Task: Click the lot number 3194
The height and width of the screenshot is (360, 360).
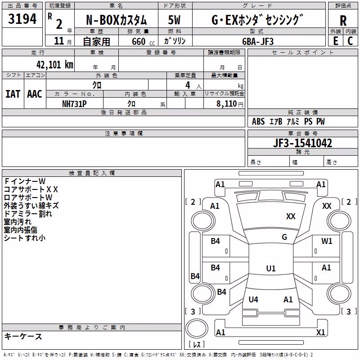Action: pyautogui.click(x=22, y=19)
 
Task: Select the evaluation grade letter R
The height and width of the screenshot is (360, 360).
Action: pyautogui.click(x=343, y=21)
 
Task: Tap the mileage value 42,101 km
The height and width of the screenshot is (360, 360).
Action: pyautogui.click(x=55, y=65)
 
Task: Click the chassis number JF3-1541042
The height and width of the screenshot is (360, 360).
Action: pyautogui.click(x=302, y=143)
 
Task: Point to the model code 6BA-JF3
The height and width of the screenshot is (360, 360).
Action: pyautogui.click(x=258, y=41)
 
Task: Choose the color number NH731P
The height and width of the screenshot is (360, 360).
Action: pyautogui.click(x=74, y=104)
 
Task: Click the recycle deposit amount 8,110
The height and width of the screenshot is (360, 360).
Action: pyautogui.click(x=227, y=103)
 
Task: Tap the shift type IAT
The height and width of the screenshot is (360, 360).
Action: pyautogui.click(x=13, y=94)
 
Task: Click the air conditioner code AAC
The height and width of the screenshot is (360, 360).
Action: pyautogui.click(x=35, y=94)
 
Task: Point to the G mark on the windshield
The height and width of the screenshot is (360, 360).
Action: pyautogui.click(x=284, y=237)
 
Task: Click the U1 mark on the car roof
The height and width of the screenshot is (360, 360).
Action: pyautogui.click(x=271, y=268)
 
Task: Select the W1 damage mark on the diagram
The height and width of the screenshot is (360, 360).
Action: pyautogui.click(x=327, y=241)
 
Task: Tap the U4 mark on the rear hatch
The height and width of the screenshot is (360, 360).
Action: pyautogui.click(x=253, y=299)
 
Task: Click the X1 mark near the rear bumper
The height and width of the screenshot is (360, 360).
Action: pyautogui.click(x=320, y=332)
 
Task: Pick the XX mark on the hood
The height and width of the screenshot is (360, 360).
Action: pyautogui.click(x=291, y=216)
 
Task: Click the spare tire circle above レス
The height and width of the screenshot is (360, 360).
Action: pyautogui.click(x=197, y=328)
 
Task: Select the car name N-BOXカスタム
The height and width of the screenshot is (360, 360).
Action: pyautogui.click(x=117, y=20)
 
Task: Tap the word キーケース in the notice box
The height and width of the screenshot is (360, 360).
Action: pyautogui.click(x=23, y=337)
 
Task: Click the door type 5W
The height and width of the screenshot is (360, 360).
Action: pyautogui.click(x=174, y=20)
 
